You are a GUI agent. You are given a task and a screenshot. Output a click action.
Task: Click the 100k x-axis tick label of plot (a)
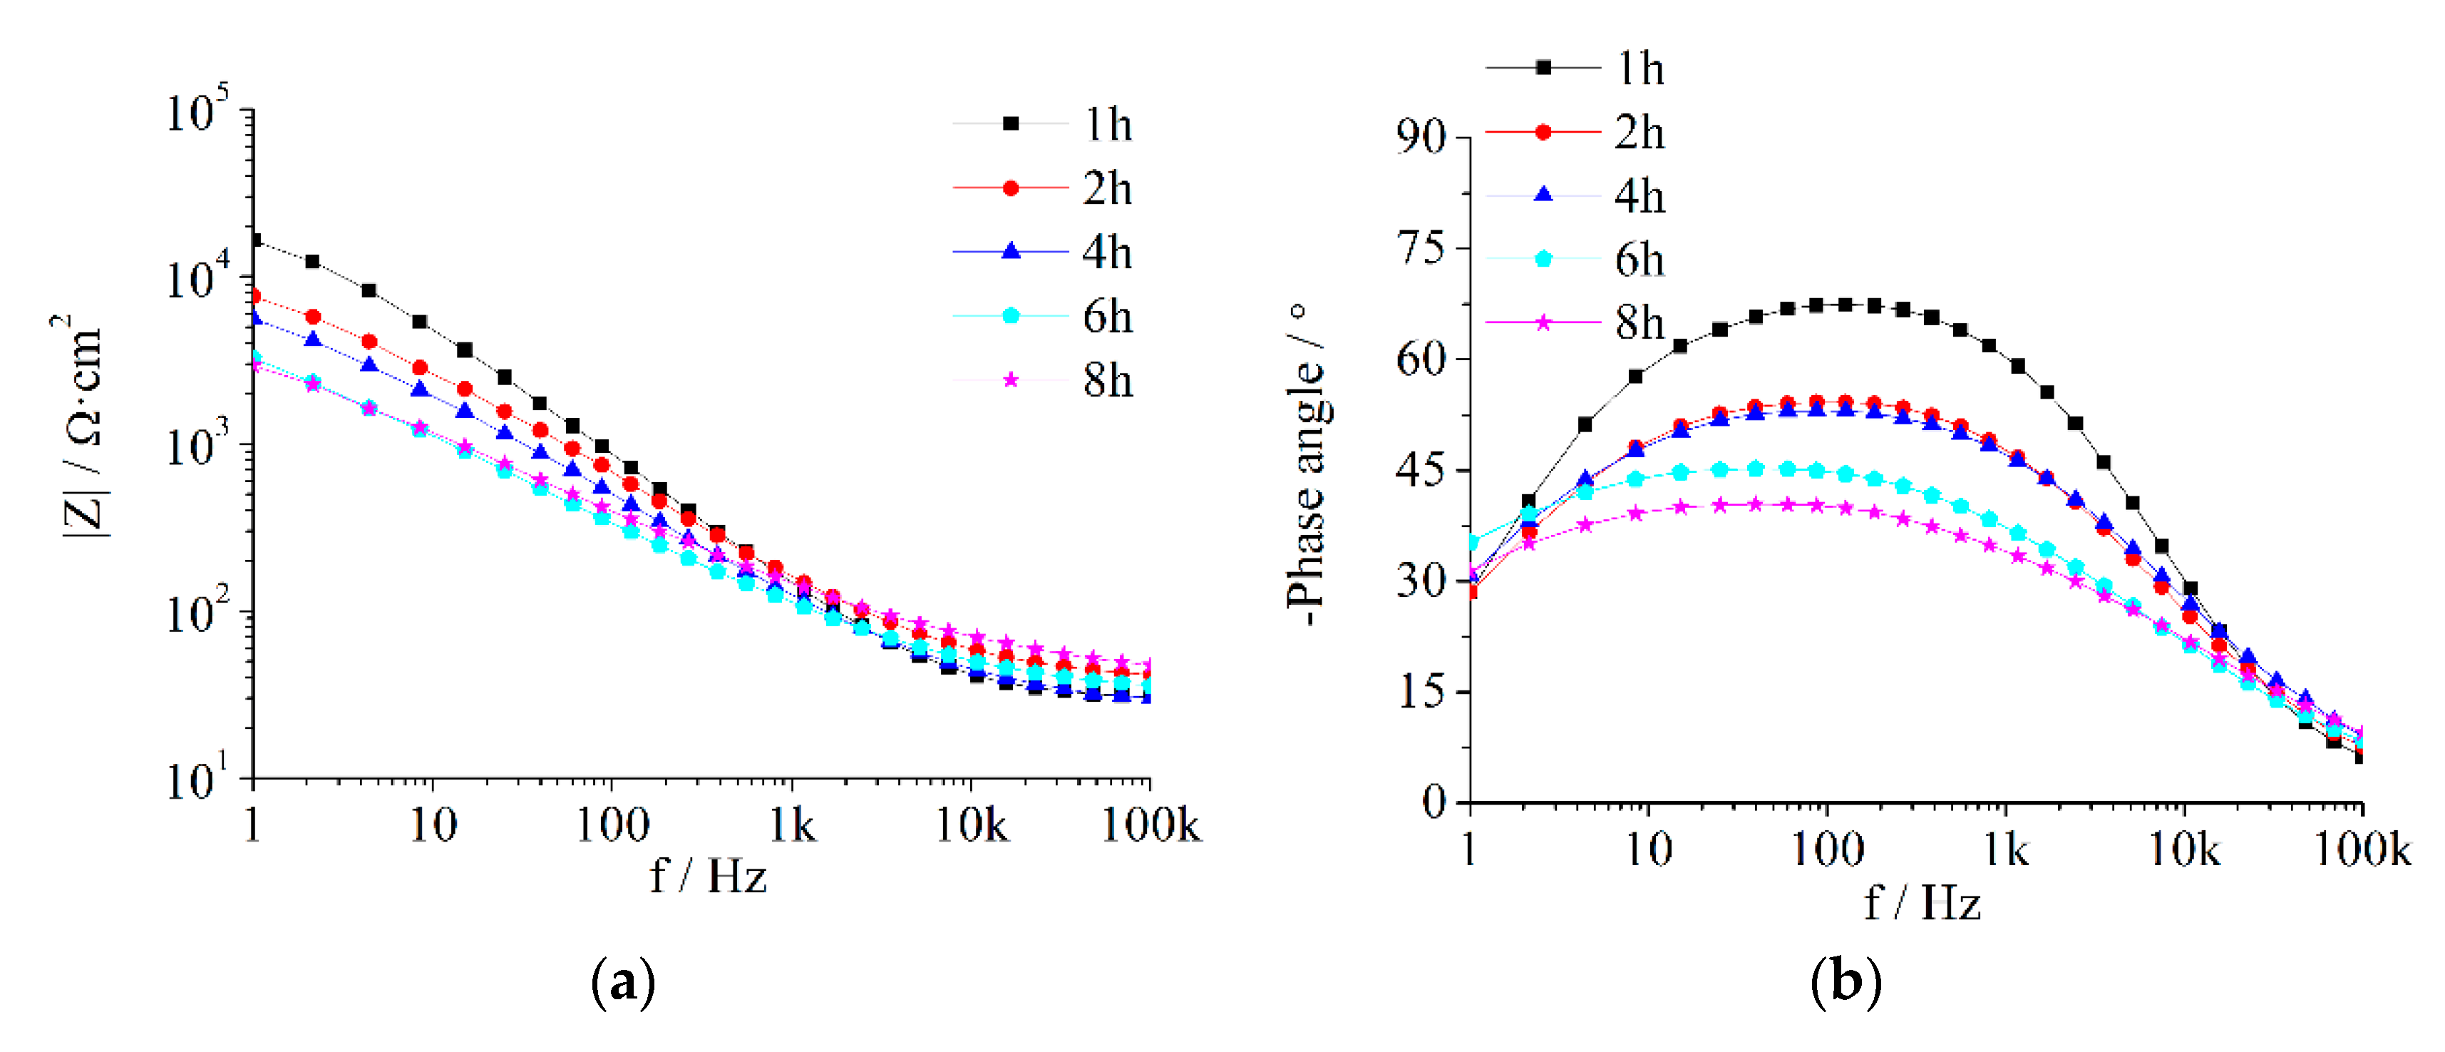pos(1151,826)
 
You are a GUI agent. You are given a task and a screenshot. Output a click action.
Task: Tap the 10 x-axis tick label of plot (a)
pos(433,826)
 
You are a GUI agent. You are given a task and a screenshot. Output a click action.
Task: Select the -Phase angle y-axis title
pos(1308,465)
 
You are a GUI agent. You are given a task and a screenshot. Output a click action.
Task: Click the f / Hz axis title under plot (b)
pos(1921,903)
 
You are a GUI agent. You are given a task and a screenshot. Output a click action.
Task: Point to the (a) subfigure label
pos(622,983)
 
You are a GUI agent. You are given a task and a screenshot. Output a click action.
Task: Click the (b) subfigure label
pos(1845,983)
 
